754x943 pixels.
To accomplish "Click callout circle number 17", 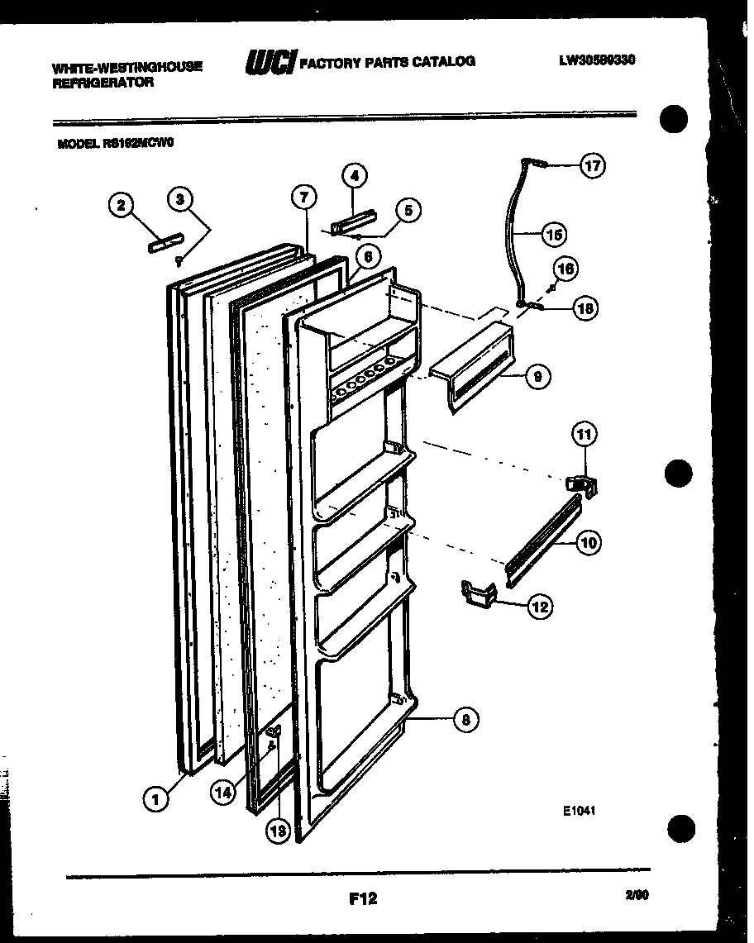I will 592,165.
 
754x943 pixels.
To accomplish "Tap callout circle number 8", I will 465,720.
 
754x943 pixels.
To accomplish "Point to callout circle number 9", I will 538,377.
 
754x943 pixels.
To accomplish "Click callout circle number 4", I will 355,176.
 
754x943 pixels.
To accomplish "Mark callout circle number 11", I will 585,434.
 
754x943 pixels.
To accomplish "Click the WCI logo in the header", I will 270,63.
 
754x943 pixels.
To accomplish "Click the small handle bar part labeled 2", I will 163,245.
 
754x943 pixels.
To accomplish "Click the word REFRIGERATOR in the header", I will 103,83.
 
